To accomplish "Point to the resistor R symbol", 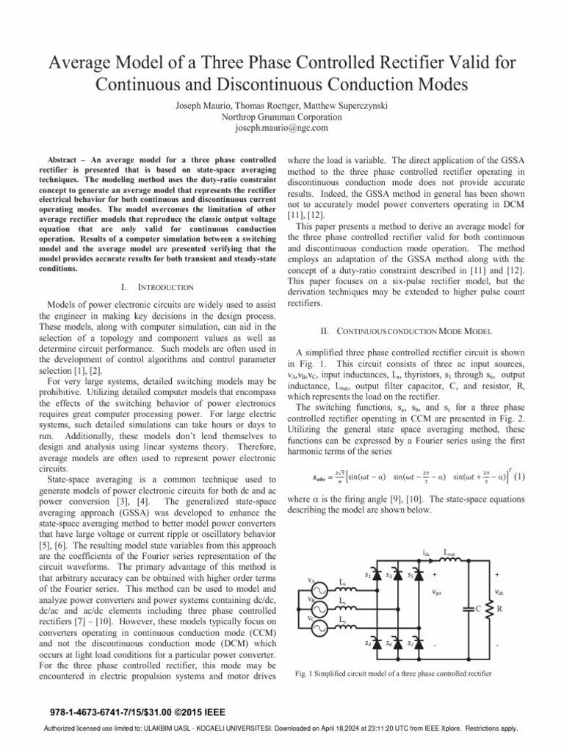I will [490, 609].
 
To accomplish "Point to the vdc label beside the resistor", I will [499, 592].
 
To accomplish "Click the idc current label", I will [427, 551].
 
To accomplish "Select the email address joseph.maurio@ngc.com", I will [281, 128].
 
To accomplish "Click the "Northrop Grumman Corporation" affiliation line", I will [281, 117].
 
